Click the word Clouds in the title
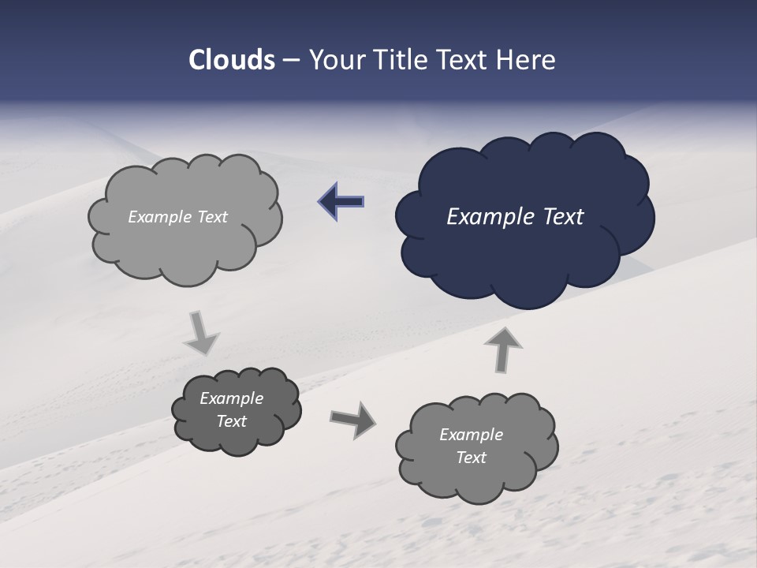231,60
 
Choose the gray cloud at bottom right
473,481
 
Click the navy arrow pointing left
341,202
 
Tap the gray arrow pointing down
201,333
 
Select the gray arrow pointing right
352,419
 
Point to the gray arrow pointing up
502,348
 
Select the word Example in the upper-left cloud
159,217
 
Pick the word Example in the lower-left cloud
232,398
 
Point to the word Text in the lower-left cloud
232,421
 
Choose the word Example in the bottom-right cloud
471,435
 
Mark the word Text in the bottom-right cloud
471,458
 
